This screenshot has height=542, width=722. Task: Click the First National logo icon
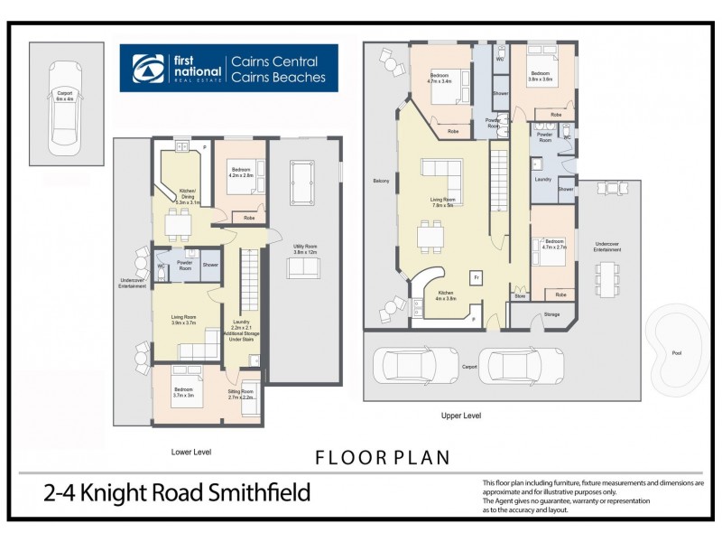click(x=145, y=69)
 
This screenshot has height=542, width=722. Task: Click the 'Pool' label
click(x=678, y=353)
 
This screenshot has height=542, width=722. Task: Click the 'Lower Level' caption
click(x=190, y=450)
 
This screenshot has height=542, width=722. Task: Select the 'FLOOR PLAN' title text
click(x=383, y=457)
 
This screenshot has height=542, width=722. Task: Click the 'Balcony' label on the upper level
click(x=381, y=182)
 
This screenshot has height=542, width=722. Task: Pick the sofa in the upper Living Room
click(x=441, y=170)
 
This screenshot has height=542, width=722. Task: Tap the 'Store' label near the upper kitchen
click(x=520, y=295)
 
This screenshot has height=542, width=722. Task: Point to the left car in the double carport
click(x=408, y=365)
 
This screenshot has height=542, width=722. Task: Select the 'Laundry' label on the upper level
click(x=542, y=179)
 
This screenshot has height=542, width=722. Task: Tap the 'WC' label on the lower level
click(x=160, y=266)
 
